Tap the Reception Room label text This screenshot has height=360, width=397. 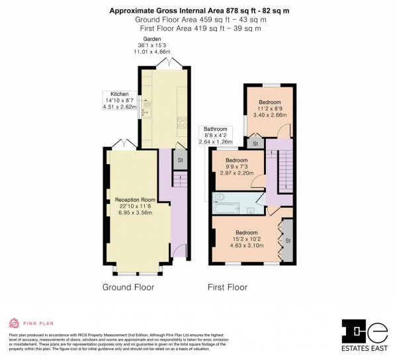point(135,200)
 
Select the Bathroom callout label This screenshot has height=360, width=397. point(215,129)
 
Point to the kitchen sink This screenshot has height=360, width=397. point(147,109)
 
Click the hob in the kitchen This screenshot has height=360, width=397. point(181,123)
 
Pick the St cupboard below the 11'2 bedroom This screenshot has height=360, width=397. point(255,144)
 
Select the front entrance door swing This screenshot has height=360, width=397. point(176,251)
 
